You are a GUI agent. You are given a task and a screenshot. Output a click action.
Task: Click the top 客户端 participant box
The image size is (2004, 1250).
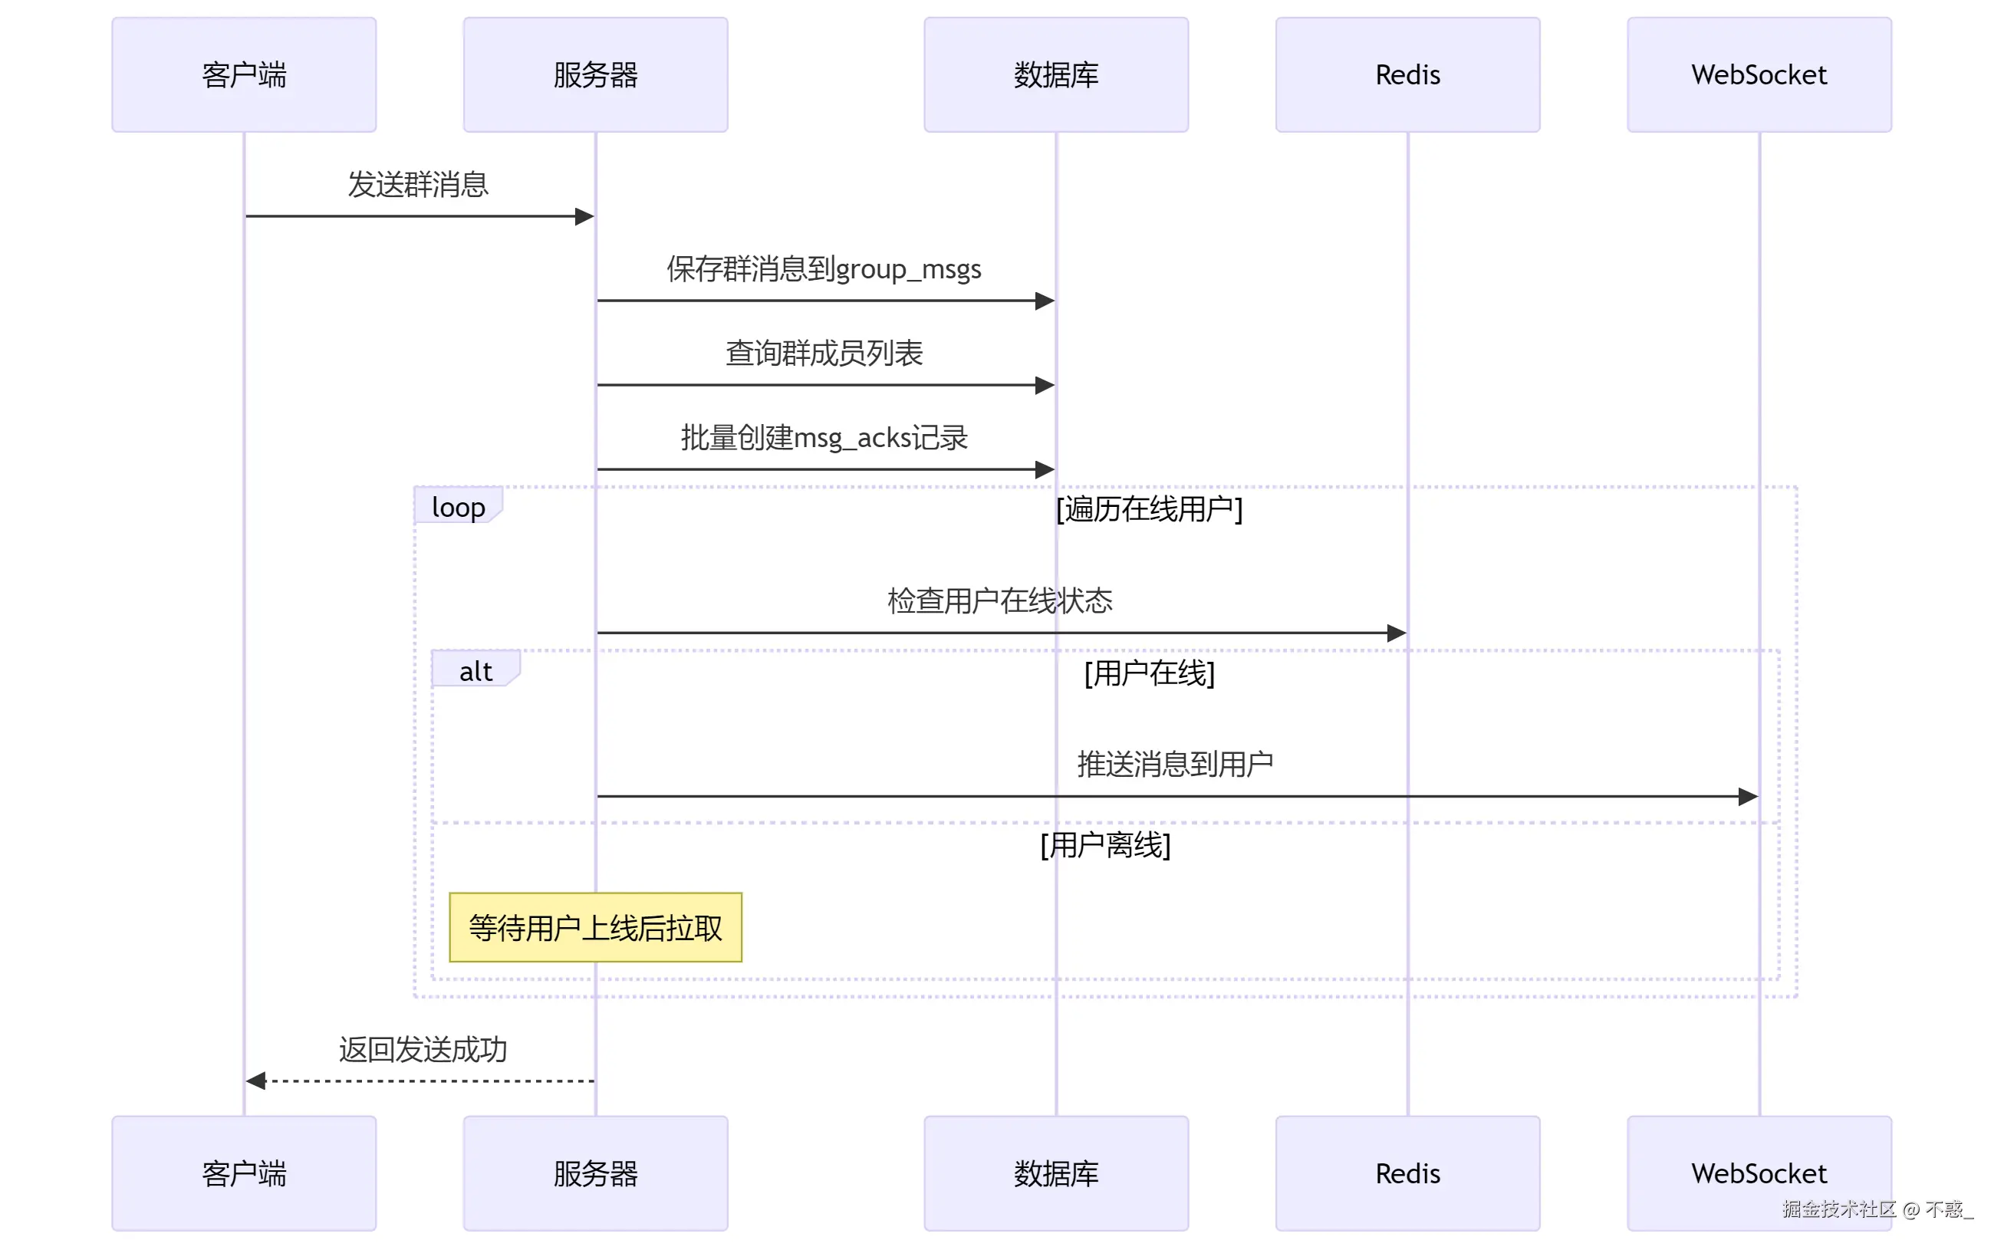tap(244, 74)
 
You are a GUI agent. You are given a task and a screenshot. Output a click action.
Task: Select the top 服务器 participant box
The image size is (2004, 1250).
tap(595, 74)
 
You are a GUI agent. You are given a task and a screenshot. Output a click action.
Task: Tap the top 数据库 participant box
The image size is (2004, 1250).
tap(1056, 74)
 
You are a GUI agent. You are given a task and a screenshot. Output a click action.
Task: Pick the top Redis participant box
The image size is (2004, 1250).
tap(1407, 74)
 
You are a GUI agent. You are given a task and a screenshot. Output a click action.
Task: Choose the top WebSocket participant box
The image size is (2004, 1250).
tap(1759, 74)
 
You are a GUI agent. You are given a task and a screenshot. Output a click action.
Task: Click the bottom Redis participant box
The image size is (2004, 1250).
tap(1407, 1173)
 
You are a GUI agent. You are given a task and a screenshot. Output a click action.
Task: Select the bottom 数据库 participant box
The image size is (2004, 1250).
tap(1056, 1173)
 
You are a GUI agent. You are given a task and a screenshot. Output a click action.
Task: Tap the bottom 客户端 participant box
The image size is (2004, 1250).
tap(244, 1173)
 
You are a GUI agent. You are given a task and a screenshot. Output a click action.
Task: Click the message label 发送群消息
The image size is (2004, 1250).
tap(417, 184)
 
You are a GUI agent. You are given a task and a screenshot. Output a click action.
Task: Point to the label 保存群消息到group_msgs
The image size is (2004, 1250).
tap(824, 268)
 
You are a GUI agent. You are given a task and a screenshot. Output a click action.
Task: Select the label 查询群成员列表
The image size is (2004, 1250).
tap(824, 353)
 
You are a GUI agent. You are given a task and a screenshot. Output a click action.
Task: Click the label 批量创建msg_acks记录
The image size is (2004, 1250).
tap(824, 437)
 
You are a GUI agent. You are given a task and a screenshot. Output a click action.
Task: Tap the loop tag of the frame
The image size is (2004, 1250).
tap(457, 506)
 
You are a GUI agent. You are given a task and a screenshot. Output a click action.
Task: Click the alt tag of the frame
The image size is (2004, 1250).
tap(475, 670)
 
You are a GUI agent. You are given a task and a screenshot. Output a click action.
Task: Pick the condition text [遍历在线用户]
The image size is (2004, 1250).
tap(1149, 508)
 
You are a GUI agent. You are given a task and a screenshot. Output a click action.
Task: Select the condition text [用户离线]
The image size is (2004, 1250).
tap(1105, 845)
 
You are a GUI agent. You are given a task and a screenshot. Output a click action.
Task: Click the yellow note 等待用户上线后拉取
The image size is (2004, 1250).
tap(595, 926)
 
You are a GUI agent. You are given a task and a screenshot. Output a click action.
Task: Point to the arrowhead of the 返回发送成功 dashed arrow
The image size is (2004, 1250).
tap(255, 1081)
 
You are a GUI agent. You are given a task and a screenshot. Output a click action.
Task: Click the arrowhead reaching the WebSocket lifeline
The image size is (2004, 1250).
tap(1748, 796)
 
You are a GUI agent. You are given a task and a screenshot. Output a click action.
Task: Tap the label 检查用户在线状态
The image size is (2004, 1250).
tap(999, 600)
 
